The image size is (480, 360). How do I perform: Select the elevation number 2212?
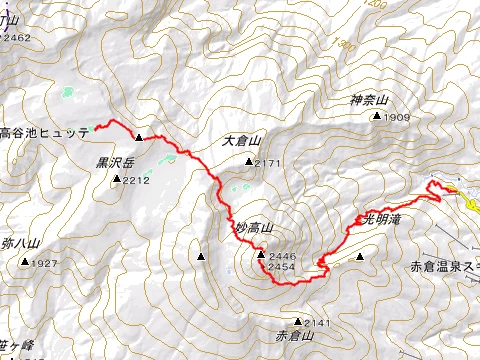pyautogui.click(x=135, y=181)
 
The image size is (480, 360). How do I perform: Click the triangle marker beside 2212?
pyautogui.click(x=117, y=180)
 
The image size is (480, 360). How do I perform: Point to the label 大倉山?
pyautogui.click(x=241, y=141)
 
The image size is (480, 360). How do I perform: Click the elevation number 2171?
pyautogui.click(x=268, y=162)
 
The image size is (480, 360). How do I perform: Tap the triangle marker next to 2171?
pyautogui.click(x=249, y=162)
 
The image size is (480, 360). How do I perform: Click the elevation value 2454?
pyautogui.click(x=283, y=267)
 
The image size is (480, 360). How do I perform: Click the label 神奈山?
pyautogui.click(x=368, y=100)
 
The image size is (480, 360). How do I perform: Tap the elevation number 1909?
pyautogui.click(x=397, y=118)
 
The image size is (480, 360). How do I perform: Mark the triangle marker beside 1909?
pyautogui.click(x=377, y=118)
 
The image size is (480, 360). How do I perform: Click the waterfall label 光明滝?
pyautogui.click(x=381, y=217)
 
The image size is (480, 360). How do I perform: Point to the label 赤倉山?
pyautogui.click(x=294, y=335)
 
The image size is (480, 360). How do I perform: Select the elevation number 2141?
pyautogui.click(x=316, y=322)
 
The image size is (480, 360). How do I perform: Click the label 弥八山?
pyautogui.click(x=19, y=243)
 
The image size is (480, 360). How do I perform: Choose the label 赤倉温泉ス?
pyautogui.click(x=444, y=266)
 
